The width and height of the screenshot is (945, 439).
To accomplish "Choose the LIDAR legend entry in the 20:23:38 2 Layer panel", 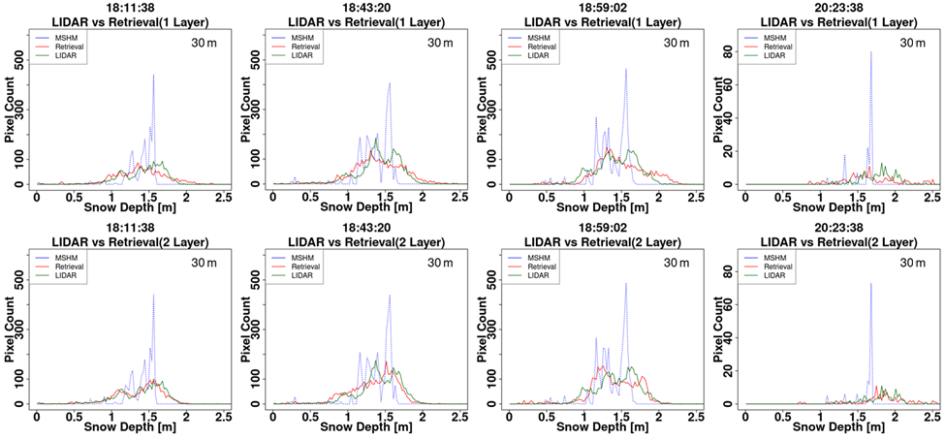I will [x=772, y=276].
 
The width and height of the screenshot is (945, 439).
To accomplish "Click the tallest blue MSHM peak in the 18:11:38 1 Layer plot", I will [x=153, y=76].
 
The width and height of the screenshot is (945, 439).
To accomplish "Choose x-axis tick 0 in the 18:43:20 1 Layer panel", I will [x=273, y=197].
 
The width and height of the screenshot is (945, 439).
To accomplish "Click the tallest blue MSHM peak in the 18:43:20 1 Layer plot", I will [x=389, y=83].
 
